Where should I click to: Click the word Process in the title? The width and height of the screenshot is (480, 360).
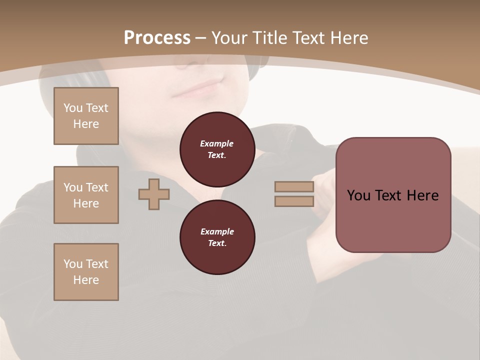[x=157, y=38]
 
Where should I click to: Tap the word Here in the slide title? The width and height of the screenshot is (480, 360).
[x=349, y=38]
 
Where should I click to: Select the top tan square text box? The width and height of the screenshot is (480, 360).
[x=86, y=116]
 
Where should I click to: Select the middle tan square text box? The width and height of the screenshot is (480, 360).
[x=86, y=195]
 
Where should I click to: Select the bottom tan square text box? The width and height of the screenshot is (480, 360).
[x=86, y=272]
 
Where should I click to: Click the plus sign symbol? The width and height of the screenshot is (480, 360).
[x=154, y=194]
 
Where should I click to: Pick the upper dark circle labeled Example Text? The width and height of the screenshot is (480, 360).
[x=217, y=149]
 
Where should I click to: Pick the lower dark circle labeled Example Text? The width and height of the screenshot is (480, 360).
[x=217, y=237]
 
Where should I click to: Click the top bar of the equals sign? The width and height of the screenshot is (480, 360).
[x=294, y=187]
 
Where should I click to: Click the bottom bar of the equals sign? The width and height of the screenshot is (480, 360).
[x=294, y=201]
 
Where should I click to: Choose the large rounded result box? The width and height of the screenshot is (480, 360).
[x=393, y=220]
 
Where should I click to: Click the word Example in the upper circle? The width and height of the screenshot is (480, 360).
[x=217, y=143]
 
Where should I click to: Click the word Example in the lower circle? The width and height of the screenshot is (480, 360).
[x=217, y=231]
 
